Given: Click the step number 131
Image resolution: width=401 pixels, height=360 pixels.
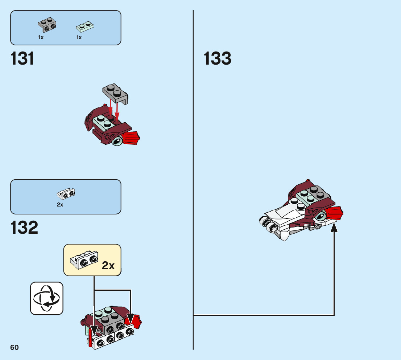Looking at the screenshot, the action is (x=23, y=59).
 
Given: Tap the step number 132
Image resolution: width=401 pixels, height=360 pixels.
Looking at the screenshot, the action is (x=24, y=228).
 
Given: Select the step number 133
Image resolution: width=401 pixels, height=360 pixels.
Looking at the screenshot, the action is (x=217, y=59).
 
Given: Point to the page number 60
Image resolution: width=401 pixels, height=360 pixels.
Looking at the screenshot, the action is (x=15, y=348).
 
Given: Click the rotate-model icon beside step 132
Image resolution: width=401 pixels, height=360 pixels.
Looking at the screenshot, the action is (x=46, y=298).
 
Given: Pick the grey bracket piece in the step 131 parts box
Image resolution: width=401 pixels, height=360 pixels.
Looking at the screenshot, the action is (x=47, y=25).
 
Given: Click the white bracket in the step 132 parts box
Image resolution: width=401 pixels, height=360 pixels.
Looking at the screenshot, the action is (x=66, y=194).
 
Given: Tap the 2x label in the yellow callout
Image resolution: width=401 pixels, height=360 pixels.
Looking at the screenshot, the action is (x=108, y=266).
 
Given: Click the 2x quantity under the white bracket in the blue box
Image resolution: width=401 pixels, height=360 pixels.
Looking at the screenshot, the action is (x=60, y=205).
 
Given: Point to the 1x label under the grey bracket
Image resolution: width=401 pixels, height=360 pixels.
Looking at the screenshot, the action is (x=41, y=37).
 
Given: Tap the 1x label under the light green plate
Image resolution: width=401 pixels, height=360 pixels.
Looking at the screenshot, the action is (x=79, y=37).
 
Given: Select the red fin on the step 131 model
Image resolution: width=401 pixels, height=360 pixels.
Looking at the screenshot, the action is (x=132, y=139).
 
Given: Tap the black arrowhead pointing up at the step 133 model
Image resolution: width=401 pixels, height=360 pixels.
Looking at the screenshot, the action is (x=334, y=228).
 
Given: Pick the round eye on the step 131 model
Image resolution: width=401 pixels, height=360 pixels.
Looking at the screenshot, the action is (x=117, y=142).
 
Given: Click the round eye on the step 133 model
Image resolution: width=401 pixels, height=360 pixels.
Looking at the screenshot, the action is (x=321, y=217).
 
